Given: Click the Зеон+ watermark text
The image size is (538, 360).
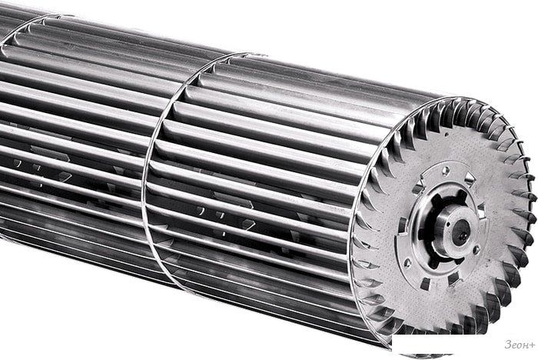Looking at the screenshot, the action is pyautogui.click(x=520, y=345).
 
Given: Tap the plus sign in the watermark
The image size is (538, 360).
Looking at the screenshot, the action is pyautogui.click(x=532, y=345).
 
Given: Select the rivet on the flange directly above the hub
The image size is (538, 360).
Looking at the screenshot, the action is pyautogui.click(x=446, y=170).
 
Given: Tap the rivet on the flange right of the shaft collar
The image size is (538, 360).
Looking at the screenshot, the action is pyautogui.click(x=476, y=250).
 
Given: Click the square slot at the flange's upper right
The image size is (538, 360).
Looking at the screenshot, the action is pyautogui.click(x=470, y=178).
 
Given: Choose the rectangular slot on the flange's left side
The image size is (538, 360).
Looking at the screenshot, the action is pyautogui.click(x=400, y=225).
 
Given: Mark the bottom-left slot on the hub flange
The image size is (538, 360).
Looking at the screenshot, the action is pyautogui.click(x=425, y=284).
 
